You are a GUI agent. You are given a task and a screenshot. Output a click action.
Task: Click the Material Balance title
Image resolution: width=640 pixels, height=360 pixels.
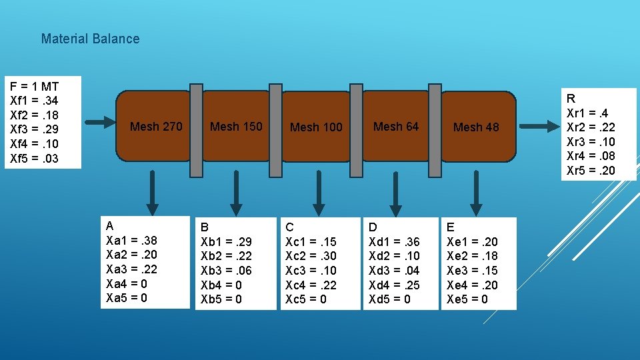tap(90, 39)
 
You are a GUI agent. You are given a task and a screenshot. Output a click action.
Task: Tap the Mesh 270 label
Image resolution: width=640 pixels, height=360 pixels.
tap(156, 127)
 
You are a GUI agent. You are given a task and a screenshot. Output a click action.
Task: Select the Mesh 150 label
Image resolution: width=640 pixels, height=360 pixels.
tap(236, 127)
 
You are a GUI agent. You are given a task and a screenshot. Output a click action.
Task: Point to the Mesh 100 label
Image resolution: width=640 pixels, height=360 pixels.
tap(316, 127)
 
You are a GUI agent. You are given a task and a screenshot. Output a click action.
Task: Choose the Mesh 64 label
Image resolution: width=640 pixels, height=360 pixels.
tap(396, 127)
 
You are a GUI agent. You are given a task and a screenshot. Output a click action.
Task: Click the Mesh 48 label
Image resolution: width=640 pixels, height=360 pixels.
tap(476, 127)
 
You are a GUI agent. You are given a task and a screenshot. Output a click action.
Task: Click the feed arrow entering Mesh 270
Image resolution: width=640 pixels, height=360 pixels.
tap(101, 122)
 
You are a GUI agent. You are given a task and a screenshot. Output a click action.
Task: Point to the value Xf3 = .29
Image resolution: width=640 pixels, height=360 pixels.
tap(34, 129)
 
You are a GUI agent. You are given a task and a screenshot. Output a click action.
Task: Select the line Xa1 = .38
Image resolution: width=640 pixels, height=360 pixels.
tap(131, 240)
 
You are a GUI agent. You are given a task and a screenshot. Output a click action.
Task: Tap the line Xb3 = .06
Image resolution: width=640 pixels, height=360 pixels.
tap(226, 270)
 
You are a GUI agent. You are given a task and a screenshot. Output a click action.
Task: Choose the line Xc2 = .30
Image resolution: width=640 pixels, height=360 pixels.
tap(311, 256)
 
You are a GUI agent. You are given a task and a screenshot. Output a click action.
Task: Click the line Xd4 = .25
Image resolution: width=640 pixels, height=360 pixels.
tap(394, 285)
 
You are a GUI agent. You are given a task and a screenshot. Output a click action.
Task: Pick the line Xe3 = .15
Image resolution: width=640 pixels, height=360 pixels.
tap(472, 271)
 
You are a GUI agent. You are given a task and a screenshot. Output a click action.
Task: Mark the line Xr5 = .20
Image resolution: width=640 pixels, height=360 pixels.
tap(591, 171)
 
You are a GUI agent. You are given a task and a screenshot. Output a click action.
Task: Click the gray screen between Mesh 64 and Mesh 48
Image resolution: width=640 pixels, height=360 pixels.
tap(435, 131)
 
